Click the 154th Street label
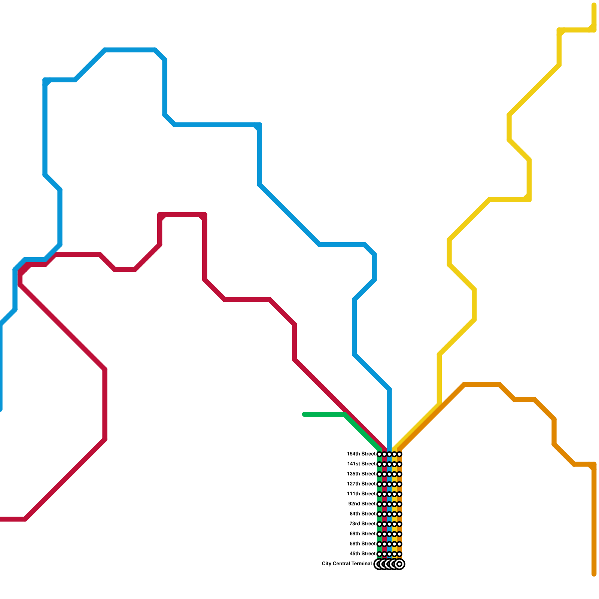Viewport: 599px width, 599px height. (x=361, y=454)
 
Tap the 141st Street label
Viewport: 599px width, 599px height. (x=361, y=464)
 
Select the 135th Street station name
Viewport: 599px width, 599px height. (x=361, y=474)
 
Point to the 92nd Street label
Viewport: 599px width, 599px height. (x=362, y=504)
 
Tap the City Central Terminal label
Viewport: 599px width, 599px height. (x=347, y=564)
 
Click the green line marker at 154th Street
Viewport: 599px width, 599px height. (x=379, y=454)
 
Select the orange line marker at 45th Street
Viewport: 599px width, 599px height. (x=399, y=554)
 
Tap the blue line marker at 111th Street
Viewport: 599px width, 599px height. (x=389, y=494)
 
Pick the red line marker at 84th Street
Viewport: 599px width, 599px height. (x=384, y=514)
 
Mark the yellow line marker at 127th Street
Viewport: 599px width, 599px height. (x=394, y=484)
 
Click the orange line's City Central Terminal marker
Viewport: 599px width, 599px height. (x=399, y=564)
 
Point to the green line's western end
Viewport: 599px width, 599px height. (x=304, y=414)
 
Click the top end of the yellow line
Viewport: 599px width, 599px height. (x=594, y=5)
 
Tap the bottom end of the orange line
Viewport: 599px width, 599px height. (x=594, y=574)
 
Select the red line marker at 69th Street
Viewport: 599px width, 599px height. (x=384, y=534)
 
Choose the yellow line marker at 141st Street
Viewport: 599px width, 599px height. (x=394, y=464)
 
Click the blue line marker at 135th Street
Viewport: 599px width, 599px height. (x=389, y=474)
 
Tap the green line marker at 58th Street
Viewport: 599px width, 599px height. (x=379, y=544)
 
